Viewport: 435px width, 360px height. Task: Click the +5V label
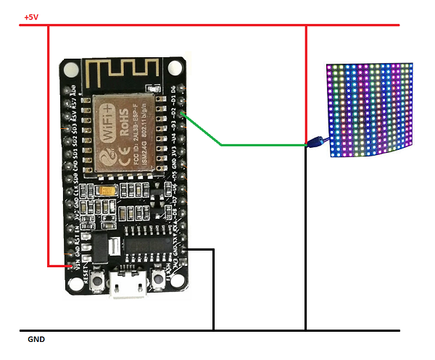[31, 17]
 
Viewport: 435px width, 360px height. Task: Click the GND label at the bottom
[36, 339]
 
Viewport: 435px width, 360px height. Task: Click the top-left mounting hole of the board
[71, 70]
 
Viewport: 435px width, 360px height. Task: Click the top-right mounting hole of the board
[175, 69]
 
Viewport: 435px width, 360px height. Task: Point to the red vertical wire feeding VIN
[48, 145]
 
